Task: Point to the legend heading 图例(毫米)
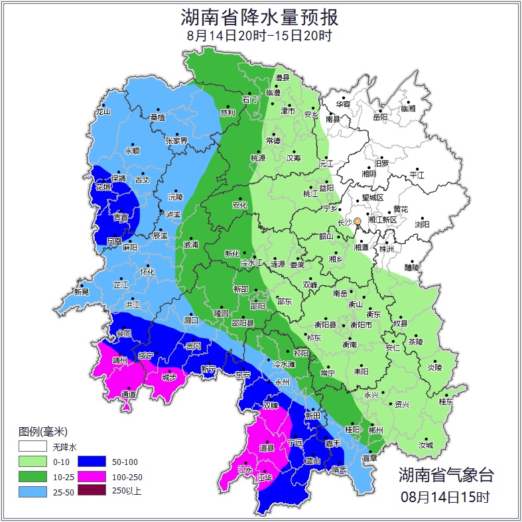[43, 432]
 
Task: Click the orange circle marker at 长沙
[358, 221]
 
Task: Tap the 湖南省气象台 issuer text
[446, 474]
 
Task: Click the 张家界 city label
[176, 141]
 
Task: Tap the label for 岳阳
[379, 117]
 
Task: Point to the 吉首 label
[121, 218]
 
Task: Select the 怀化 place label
[147, 272]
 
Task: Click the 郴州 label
[375, 430]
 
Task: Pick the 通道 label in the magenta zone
[129, 395]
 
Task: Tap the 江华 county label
[265, 477]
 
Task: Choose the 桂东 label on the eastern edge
[446, 401]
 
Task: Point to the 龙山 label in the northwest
[103, 111]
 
